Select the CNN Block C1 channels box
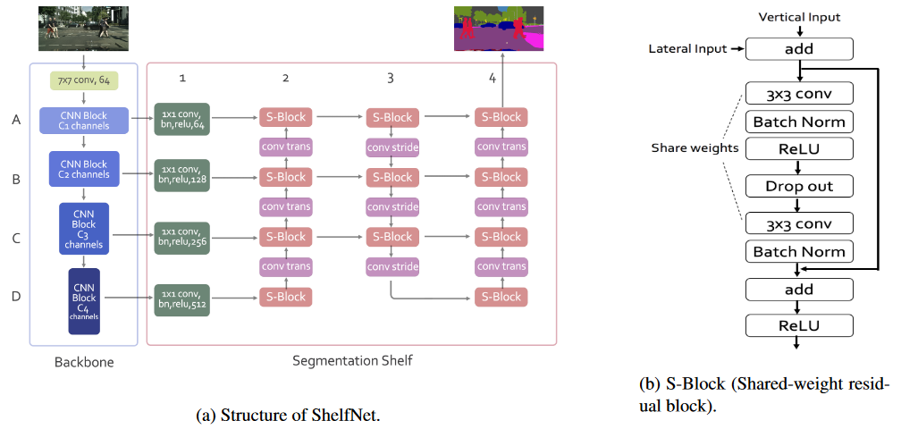[84, 121]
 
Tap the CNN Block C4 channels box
[84, 301]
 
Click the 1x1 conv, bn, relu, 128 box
[181, 173]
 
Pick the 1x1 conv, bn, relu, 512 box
[181, 299]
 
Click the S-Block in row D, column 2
[286, 297]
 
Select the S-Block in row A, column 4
[501, 117]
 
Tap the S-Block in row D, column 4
[501, 297]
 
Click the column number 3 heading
[391, 79]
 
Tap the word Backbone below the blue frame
[83, 363]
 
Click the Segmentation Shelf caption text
[351, 361]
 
